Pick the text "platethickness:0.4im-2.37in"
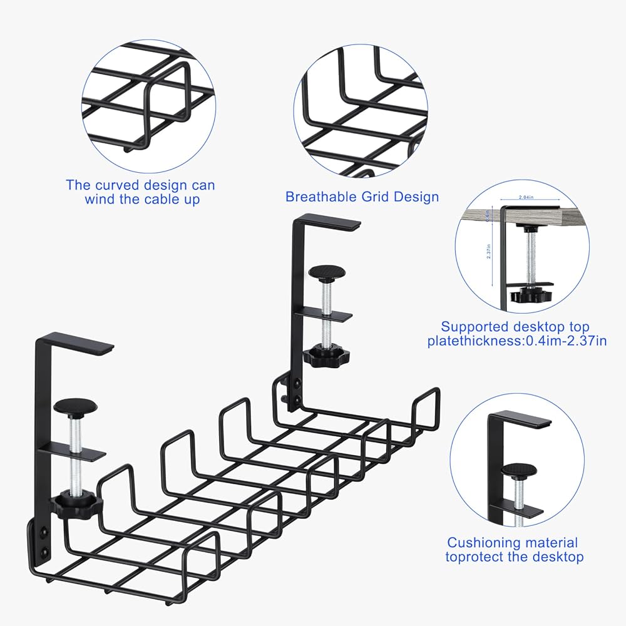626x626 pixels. pos(508,341)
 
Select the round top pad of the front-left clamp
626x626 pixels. pos(75,405)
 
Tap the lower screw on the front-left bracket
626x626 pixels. pos(44,552)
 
